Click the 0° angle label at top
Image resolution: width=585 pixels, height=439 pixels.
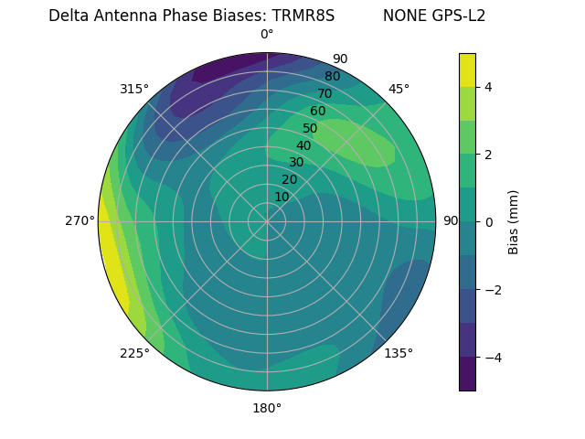click(x=267, y=35)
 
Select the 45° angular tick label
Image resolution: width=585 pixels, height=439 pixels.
click(x=399, y=89)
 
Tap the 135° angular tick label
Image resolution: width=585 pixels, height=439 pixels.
click(x=399, y=353)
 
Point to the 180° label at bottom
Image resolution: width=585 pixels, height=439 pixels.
click(x=267, y=408)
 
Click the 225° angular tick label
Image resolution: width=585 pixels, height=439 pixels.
click(x=134, y=354)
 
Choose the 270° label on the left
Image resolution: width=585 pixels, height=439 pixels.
click(x=80, y=221)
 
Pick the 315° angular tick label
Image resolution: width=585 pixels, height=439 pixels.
click(x=134, y=89)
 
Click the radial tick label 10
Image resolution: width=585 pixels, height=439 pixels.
click(x=282, y=197)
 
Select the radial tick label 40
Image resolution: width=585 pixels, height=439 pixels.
click(x=303, y=145)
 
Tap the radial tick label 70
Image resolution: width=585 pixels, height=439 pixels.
click(x=324, y=93)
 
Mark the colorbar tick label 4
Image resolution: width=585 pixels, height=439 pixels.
click(x=489, y=87)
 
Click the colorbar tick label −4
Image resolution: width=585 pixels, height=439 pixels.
click(x=493, y=358)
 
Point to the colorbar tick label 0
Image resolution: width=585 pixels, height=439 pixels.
click(x=489, y=222)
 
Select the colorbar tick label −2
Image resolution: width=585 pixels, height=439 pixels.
click(x=493, y=290)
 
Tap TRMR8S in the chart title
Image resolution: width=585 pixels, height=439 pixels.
click(x=303, y=16)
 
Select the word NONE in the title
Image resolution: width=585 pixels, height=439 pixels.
click(x=404, y=16)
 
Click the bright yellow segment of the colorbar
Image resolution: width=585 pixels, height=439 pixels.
click(x=467, y=70)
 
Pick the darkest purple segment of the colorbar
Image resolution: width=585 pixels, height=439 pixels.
click(x=467, y=374)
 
